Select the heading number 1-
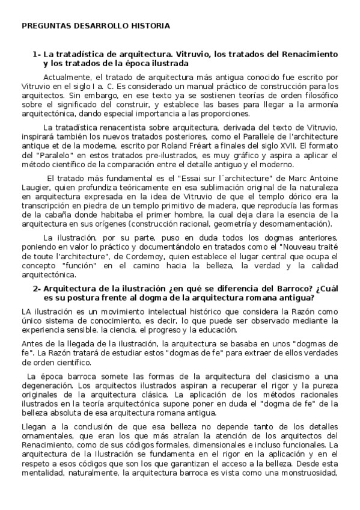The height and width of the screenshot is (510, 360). coord(36,54)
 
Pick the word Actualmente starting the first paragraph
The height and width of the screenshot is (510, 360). coord(66,77)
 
